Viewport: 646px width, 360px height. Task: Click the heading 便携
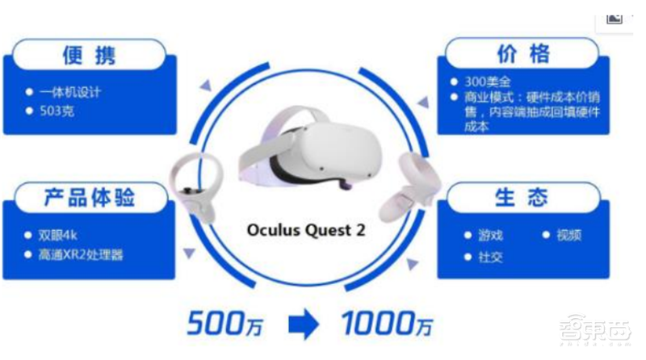pyautogui.click(x=89, y=54)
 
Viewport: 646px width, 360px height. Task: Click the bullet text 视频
pyautogui.click(x=568, y=235)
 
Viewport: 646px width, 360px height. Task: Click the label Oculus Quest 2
pyautogui.click(x=305, y=229)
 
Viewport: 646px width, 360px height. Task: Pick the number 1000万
pyautogui.click(x=386, y=324)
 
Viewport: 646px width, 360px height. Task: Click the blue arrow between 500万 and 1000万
pyautogui.click(x=304, y=324)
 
